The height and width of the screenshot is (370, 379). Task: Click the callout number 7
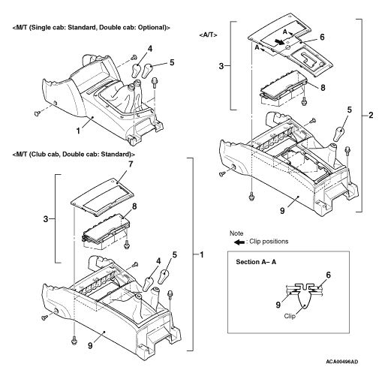(131, 164)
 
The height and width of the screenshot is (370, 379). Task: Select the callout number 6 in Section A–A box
(328, 275)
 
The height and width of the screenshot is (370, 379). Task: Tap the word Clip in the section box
(290, 316)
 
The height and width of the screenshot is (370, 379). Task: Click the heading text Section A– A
(256, 262)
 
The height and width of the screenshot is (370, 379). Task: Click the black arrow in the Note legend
(239, 242)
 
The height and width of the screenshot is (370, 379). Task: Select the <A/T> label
(208, 35)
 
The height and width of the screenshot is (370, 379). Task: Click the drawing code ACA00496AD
(341, 362)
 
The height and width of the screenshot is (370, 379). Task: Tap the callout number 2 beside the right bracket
(371, 115)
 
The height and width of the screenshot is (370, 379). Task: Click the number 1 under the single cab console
(78, 131)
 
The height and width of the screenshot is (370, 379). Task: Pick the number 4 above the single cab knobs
(149, 49)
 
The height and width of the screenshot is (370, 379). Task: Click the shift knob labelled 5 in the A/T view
(338, 134)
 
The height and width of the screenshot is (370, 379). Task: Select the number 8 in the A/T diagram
(323, 88)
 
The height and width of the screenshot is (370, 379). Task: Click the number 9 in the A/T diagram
(282, 211)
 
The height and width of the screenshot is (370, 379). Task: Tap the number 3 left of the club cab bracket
(45, 219)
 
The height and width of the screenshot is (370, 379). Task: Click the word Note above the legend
(236, 233)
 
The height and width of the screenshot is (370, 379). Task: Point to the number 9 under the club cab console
(90, 345)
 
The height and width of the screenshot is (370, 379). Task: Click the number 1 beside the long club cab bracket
(201, 254)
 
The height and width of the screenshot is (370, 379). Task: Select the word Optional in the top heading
(155, 27)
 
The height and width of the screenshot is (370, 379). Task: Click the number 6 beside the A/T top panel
(322, 37)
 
